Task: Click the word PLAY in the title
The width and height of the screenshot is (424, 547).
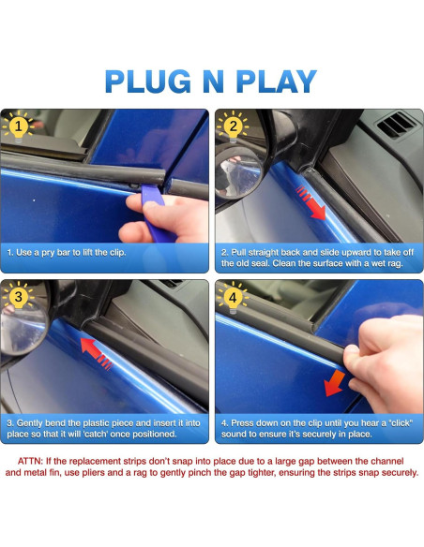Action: pos(277,81)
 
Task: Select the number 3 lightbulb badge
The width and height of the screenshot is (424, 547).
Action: pos(18,298)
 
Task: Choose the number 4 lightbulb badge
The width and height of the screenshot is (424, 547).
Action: pos(233,298)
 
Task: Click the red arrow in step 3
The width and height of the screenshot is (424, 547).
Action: pos(96,353)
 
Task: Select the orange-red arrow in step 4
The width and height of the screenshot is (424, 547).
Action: pos(335,383)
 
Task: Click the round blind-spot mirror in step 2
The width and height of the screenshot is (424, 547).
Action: pos(238,172)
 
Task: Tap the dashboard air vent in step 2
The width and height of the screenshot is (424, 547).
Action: pos(397,125)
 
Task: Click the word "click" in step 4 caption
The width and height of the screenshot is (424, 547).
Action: pos(401,423)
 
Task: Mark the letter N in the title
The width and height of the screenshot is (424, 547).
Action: pos(213,81)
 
